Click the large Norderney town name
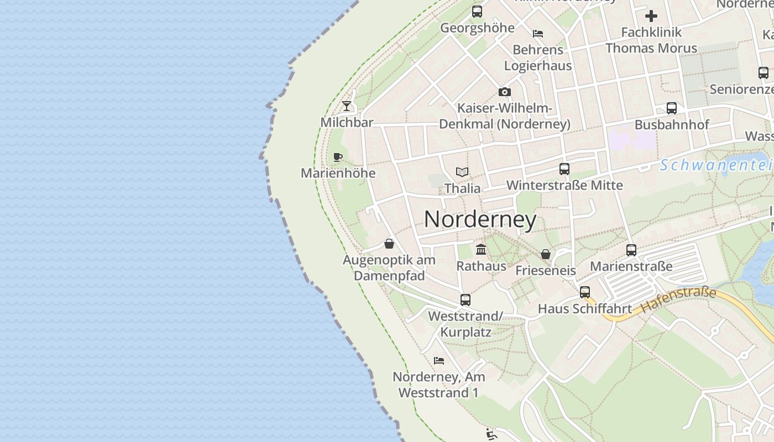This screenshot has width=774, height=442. pyautogui.click(x=480, y=220)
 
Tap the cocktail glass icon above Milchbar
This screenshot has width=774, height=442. pyautogui.click(x=347, y=106)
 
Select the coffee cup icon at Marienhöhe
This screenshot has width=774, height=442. pyautogui.click(x=338, y=157)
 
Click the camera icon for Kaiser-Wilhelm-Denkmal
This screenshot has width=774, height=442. pyautogui.click(x=504, y=92)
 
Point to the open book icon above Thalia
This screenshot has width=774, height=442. pyautogui.click(x=462, y=172)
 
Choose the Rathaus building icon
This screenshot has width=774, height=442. pyautogui.click(x=481, y=250)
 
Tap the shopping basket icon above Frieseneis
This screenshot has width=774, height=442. pyautogui.click(x=546, y=254)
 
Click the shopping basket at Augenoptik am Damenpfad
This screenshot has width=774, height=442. pyautogui.click(x=389, y=244)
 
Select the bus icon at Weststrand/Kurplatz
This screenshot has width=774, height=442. pyautogui.click(x=466, y=300)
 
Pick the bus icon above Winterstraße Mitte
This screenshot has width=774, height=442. pyautogui.click(x=564, y=169)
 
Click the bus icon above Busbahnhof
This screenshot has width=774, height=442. pyautogui.click(x=671, y=108)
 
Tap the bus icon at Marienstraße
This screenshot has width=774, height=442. pyautogui.click(x=631, y=250)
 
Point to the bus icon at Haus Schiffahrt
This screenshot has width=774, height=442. pyautogui.click(x=584, y=292)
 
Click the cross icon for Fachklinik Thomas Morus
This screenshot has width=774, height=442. pyautogui.click(x=651, y=16)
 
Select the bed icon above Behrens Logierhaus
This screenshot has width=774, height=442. pyautogui.click(x=537, y=34)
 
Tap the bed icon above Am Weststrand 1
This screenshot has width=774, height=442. pyautogui.click(x=439, y=361)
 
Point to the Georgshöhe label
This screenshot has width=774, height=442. pyautogui.click(x=477, y=28)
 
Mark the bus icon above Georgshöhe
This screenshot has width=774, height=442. pyautogui.click(x=477, y=11)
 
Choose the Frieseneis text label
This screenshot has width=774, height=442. pyautogui.click(x=546, y=271)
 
